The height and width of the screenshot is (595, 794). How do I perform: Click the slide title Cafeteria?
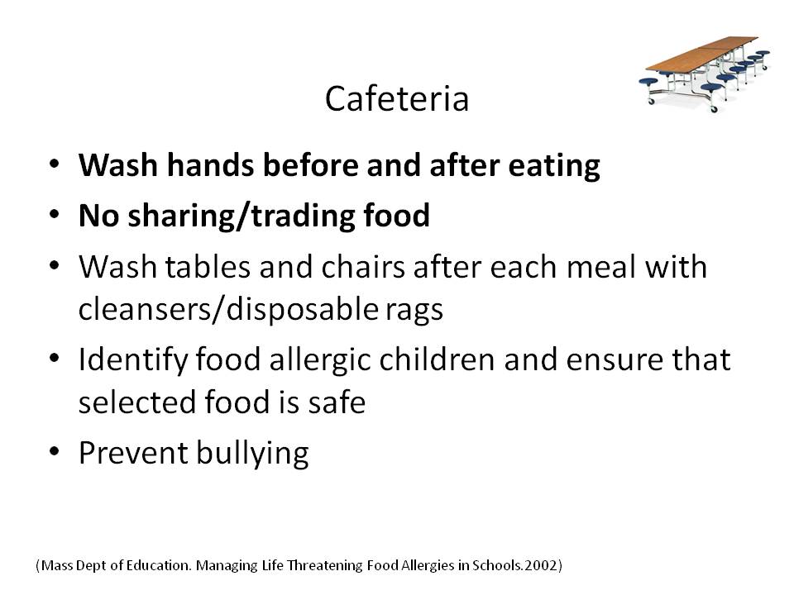[x=396, y=98]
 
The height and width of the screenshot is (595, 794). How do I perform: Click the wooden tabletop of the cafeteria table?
[x=701, y=55]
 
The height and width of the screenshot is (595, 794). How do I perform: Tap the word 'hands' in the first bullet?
[x=210, y=165]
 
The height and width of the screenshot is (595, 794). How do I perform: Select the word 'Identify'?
[x=132, y=360]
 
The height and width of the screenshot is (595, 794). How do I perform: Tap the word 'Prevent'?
[x=133, y=452]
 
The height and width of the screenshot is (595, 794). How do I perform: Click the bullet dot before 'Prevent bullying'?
[x=55, y=451]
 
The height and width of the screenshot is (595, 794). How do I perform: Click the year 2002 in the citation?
[x=540, y=565]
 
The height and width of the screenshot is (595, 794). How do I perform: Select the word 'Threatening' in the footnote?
[x=324, y=565]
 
